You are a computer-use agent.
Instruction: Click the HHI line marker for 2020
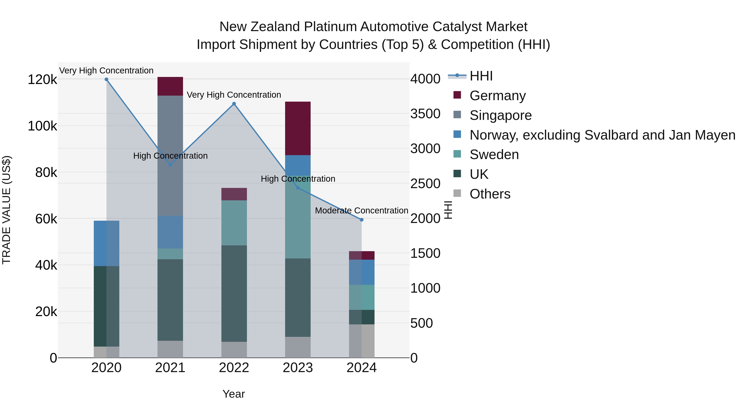click(x=106, y=79)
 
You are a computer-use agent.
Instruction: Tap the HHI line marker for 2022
click(x=234, y=104)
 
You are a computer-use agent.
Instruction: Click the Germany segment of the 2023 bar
click(x=298, y=128)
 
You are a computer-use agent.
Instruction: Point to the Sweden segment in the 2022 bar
click(x=234, y=223)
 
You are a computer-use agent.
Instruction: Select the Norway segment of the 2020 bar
click(x=106, y=243)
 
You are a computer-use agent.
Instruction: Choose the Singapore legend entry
click(x=500, y=115)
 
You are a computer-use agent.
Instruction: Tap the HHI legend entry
click(x=481, y=76)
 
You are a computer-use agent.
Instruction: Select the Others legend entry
click(x=490, y=194)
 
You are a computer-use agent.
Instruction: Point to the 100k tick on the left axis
click(x=42, y=126)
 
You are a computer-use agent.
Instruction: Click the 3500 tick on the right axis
click(x=425, y=114)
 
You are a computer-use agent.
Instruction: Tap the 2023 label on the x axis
click(x=298, y=368)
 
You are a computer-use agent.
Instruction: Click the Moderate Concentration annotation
click(x=361, y=211)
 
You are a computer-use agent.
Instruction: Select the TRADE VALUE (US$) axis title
click(x=6, y=210)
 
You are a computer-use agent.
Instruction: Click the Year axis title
click(x=234, y=394)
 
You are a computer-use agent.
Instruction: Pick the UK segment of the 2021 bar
click(x=170, y=300)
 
